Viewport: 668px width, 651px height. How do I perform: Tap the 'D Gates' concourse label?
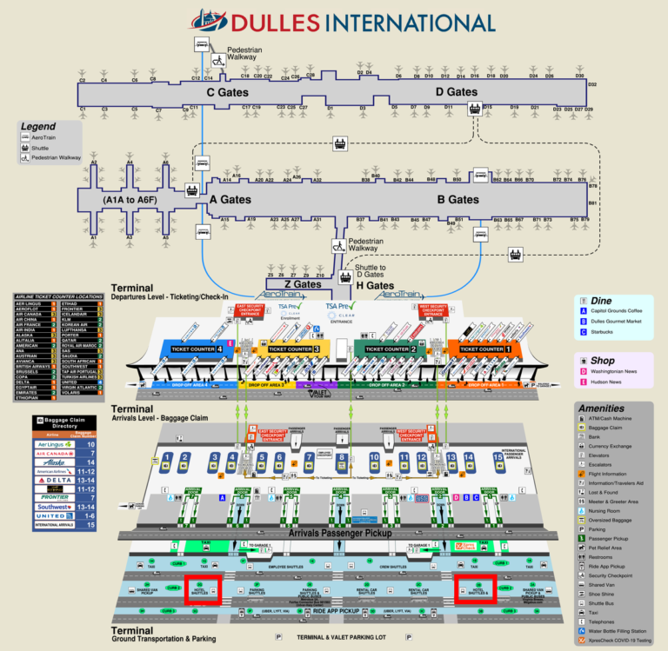(x=457, y=92)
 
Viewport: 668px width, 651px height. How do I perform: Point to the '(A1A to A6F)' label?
(x=130, y=200)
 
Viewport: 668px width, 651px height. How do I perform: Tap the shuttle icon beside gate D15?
(x=475, y=108)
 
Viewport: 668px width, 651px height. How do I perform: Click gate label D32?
(x=592, y=84)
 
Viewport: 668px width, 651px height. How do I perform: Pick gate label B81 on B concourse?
(x=593, y=203)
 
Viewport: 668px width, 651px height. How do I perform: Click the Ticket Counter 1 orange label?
(x=483, y=349)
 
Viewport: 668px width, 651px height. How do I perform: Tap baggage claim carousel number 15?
(x=498, y=457)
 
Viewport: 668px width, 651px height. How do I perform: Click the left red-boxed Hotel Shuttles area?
(x=204, y=588)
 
